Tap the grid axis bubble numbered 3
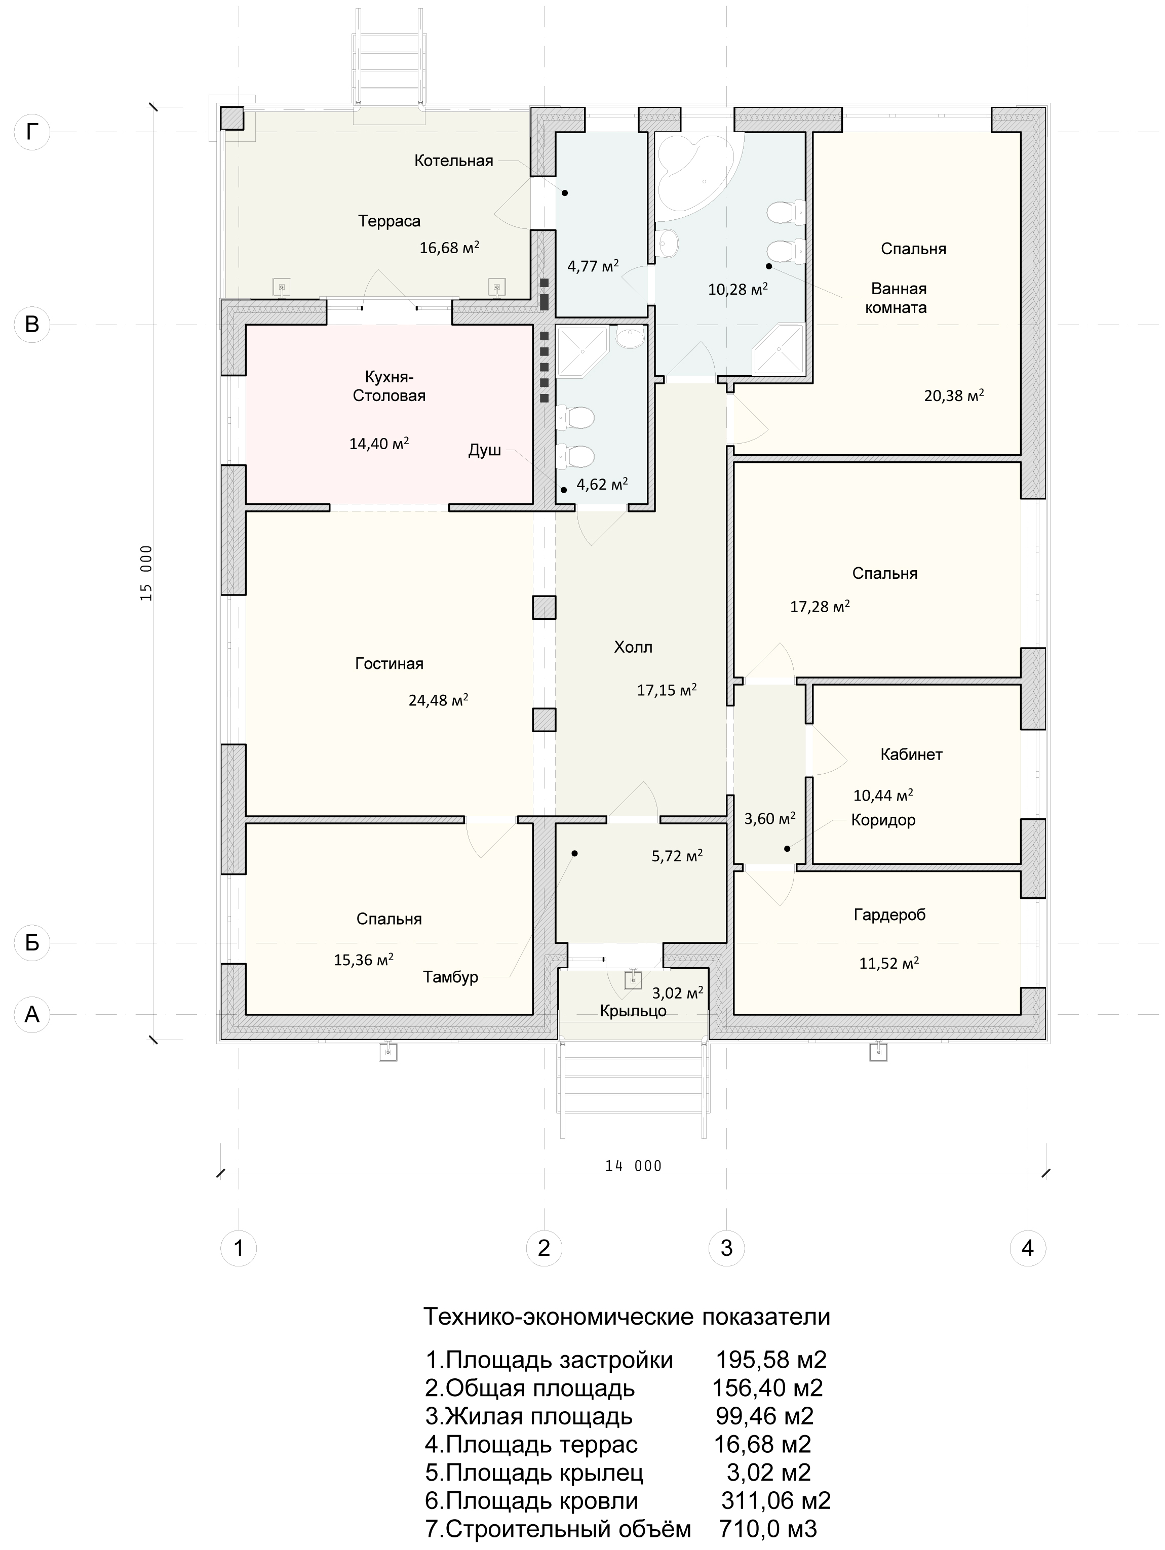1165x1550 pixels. [726, 1248]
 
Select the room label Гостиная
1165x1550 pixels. [389, 663]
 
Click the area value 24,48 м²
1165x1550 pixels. [439, 699]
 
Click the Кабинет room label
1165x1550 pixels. [911, 754]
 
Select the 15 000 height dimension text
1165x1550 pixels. [146, 573]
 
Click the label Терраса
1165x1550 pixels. [389, 221]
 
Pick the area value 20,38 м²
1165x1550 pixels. [954, 395]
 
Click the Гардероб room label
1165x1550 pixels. [889, 915]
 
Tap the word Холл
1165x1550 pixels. [633, 647]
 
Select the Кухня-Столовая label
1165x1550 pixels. [389, 386]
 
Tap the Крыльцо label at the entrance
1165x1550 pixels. [633, 1011]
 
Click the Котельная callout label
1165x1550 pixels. [453, 161]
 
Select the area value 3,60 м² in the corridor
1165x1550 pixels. [769, 818]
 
